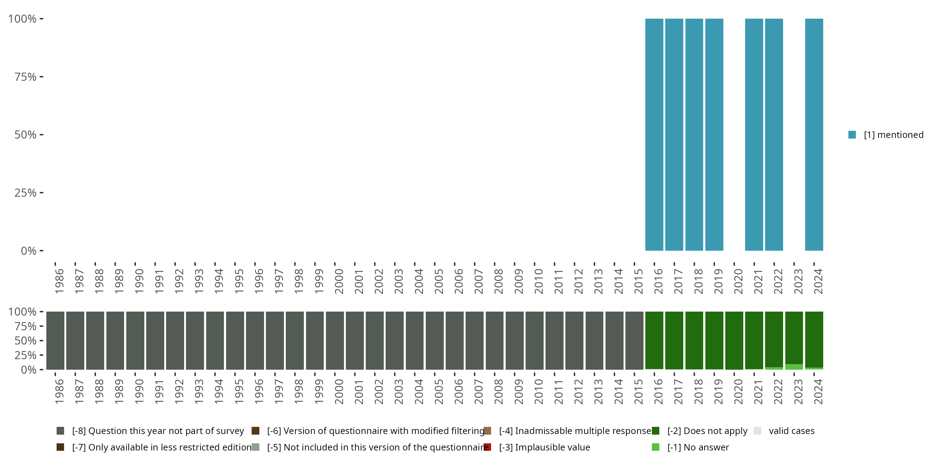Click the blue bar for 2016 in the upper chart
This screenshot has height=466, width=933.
pyautogui.click(x=654, y=135)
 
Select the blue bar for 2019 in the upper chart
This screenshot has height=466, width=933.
pyautogui.click(x=714, y=135)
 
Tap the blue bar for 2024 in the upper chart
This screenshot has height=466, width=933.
pyautogui.click(x=814, y=135)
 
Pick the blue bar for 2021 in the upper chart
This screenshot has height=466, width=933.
pyautogui.click(x=754, y=135)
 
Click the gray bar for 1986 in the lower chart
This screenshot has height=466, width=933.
pyautogui.click(x=55, y=340)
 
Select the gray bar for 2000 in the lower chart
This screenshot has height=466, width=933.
pyautogui.click(x=335, y=340)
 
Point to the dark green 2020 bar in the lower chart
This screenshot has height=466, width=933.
pyautogui.click(x=734, y=340)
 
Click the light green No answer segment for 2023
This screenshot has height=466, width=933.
pyautogui.click(x=794, y=367)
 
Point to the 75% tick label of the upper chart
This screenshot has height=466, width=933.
pyautogui.click(x=26, y=77)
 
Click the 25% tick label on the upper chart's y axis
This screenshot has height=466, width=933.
pyautogui.click(x=26, y=193)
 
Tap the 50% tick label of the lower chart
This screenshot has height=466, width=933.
pyautogui.click(x=26, y=341)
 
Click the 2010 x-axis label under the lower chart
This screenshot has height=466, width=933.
pyautogui.click(x=539, y=392)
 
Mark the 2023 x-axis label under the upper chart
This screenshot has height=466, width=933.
pyautogui.click(x=798, y=281)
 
